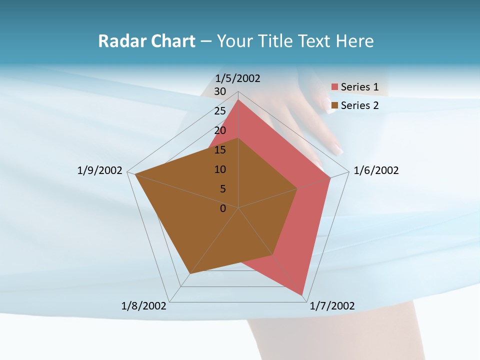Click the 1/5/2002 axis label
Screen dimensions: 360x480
click(238, 78)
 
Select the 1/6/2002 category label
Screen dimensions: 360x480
click(376, 170)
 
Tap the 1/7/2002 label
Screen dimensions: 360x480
click(332, 305)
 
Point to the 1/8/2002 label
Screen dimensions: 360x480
click(144, 305)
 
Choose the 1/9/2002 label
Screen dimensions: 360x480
click(100, 170)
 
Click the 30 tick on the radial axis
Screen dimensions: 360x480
click(220, 91)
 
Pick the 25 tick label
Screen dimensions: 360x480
click(220, 111)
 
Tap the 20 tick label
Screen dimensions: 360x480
click(220, 130)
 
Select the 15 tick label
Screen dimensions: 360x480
click(220, 150)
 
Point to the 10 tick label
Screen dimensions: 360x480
click(220, 169)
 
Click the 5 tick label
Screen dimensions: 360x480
click(222, 189)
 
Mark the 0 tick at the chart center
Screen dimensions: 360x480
click(223, 208)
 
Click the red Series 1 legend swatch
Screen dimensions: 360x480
click(335, 87)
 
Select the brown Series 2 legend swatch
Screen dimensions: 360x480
click(335, 105)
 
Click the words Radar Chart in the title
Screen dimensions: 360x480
click(146, 41)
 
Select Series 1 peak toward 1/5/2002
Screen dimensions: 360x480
click(238, 99)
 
